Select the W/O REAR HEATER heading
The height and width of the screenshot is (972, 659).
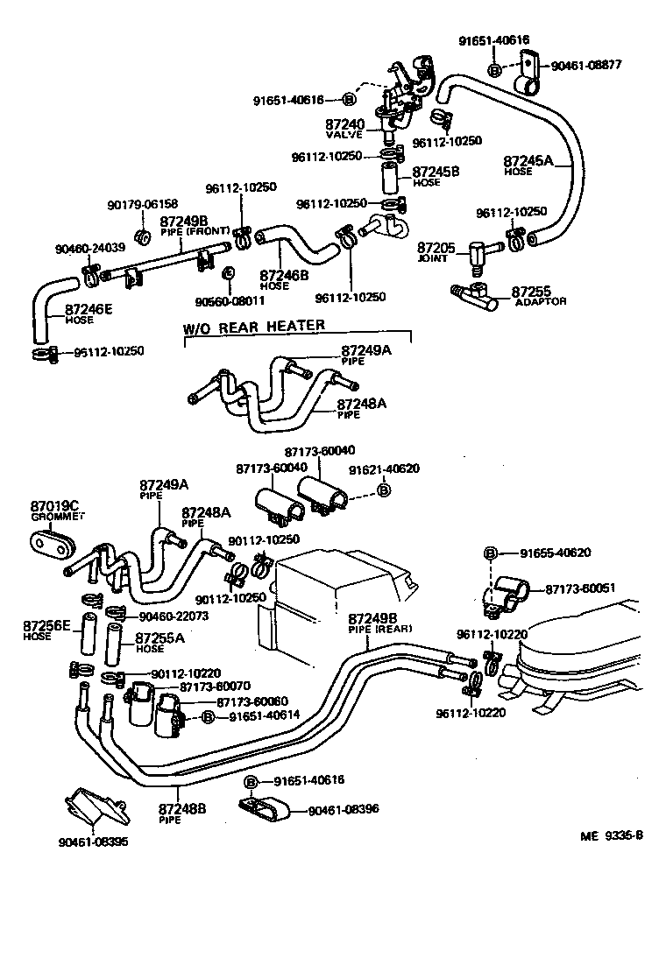click(x=253, y=326)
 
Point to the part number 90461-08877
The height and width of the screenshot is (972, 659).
click(x=598, y=65)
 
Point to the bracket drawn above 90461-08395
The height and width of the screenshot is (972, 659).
click(x=96, y=810)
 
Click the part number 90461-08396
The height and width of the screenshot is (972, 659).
click(x=344, y=810)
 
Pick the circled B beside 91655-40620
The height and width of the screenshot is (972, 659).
click(x=491, y=553)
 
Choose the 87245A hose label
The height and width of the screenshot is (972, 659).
click(x=528, y=161)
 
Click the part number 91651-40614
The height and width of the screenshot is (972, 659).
click(x=265, y=716)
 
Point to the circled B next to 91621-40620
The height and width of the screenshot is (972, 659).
click(x=383, y=491)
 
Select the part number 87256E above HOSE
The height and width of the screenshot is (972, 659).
click(x=46, y=626)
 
